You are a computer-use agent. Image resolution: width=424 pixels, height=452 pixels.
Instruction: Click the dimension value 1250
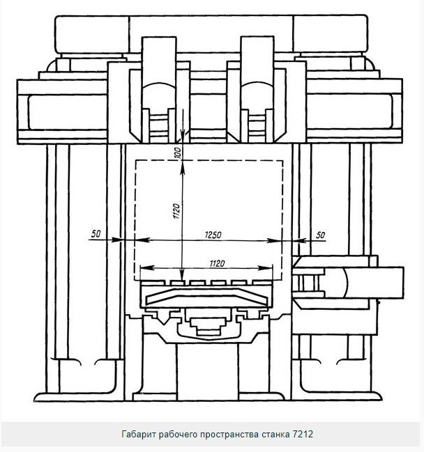click(x=213, y=235)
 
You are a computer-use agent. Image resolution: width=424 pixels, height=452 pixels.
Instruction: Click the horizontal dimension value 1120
click(x=217, y=263)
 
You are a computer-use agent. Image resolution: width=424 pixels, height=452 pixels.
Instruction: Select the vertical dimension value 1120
click(x=177, y=211)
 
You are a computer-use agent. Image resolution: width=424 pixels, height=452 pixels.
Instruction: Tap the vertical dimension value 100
click(x=178, y=153)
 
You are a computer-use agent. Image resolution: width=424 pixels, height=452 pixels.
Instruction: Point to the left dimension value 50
click(x=96, y=233)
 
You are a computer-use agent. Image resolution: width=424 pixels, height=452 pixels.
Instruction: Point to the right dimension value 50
click(x=320, y=235)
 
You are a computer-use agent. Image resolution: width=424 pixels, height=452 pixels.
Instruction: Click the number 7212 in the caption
click(x=303, y=434)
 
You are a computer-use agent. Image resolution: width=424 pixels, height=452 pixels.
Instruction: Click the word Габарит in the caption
click(x=139, y=434)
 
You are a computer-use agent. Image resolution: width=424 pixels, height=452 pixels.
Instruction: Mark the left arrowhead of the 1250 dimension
click(x=142, y=240)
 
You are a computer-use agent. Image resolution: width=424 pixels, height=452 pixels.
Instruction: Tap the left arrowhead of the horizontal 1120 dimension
click(x=147, y=268)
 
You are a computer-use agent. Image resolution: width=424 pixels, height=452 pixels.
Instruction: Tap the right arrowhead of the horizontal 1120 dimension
click(x=265, y=268)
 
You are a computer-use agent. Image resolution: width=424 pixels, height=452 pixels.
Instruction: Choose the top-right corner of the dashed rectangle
click(x=282, y=161)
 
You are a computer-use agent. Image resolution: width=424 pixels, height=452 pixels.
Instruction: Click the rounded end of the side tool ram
click(x=345, y=282)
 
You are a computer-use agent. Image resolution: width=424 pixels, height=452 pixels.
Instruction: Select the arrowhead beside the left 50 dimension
click(x=117, y=240)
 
